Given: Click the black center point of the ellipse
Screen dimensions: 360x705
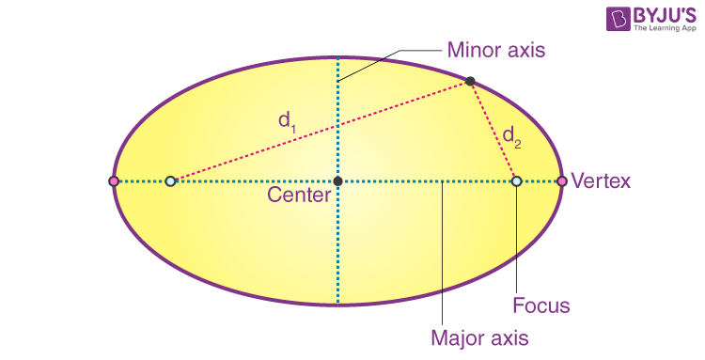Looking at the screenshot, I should (x=337, y=180).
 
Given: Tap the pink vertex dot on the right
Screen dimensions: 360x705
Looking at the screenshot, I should (x=561, y=180).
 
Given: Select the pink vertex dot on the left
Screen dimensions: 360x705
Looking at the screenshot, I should (x=114, y=180).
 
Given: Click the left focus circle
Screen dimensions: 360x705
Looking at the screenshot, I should (x=170, y=180).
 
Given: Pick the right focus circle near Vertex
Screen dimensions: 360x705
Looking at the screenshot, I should (x=516, y=180).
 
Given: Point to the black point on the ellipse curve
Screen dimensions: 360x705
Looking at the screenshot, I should (x=471, y=82).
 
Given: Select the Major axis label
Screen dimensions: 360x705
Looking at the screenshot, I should (x=478, y=337).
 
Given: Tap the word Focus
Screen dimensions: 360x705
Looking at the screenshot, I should (x=541, y=305).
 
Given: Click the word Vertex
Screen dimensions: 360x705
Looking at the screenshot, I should (x=601, y=180).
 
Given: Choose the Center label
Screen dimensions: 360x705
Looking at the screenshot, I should (x=299, y=196).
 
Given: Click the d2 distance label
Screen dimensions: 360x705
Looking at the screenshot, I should (x=511, y=136).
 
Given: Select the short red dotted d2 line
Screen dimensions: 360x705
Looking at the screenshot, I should (x=493, y=132).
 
